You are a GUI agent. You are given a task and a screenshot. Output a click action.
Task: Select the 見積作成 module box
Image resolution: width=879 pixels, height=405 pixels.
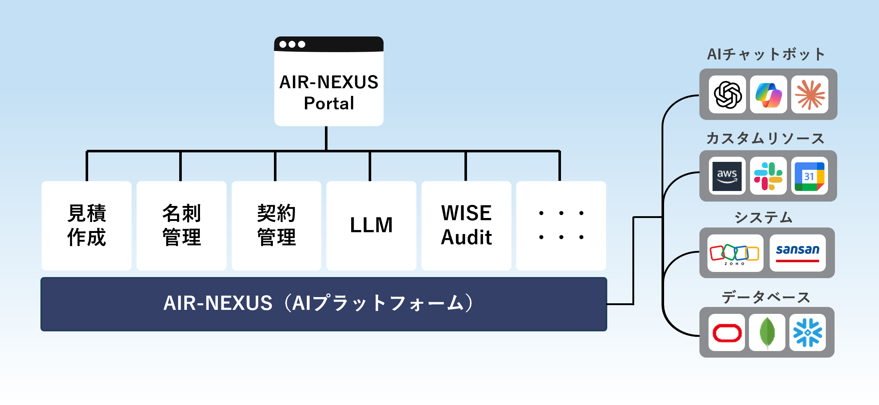(86, 225)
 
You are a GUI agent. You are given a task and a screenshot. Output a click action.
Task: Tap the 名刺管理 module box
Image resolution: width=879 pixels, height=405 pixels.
(181, 225)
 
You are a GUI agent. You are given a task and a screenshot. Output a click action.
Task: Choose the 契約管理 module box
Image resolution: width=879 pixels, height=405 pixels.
(276, 225)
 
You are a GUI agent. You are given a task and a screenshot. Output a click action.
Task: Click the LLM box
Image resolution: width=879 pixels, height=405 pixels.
(371, 225)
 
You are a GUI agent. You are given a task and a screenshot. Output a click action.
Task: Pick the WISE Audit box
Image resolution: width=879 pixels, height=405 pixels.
(466, 225)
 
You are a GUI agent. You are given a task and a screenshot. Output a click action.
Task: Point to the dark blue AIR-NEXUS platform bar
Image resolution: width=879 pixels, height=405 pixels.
(323, 304)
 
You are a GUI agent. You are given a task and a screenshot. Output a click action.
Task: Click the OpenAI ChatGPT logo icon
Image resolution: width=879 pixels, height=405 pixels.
(727, 95)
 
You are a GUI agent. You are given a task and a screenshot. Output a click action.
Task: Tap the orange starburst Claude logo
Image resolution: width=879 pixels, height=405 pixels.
(810, 95)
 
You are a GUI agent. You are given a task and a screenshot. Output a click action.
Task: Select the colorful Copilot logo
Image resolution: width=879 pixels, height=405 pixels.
(769, 95)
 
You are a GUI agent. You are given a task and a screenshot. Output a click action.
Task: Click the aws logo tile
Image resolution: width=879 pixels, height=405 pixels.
(727, 176)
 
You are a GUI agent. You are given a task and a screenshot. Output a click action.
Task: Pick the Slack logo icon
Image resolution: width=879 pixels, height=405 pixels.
(768, 176)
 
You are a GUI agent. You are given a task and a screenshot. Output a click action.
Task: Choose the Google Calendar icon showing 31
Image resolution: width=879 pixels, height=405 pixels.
(809, 176)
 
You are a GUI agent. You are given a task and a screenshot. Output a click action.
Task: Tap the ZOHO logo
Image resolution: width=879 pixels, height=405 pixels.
(735, 253)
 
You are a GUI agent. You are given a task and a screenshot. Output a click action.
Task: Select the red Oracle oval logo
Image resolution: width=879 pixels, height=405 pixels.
(727, 332)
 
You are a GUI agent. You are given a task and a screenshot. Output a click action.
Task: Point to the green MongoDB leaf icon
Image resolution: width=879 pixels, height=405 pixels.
(767, 332)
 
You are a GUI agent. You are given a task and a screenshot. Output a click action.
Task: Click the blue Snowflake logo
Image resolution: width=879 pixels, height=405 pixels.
(808, 332)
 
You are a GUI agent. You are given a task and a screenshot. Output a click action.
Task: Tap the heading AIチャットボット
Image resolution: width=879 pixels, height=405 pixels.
(766, 54)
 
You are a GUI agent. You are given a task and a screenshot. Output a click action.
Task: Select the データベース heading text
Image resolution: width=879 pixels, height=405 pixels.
(766, 297)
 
